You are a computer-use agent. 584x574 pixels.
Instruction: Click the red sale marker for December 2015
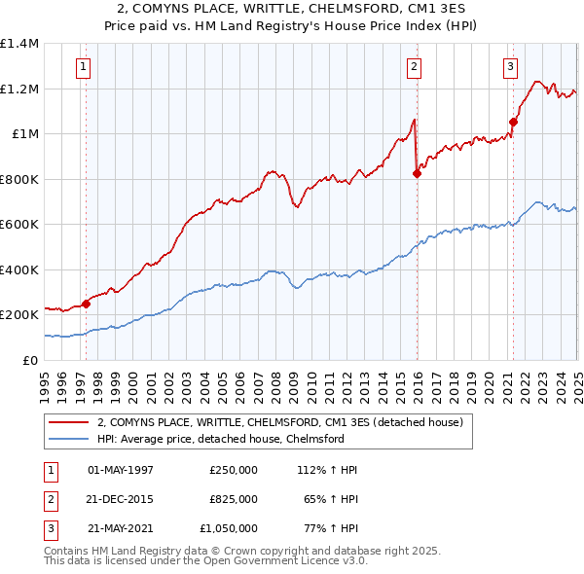click(x=417, y=174)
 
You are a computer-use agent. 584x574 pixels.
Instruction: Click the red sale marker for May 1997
click(x=86, y=304)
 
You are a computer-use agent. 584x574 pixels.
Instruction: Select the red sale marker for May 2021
click(x=513, y=122)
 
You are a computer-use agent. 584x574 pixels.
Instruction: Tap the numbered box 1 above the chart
click(x=84, y=67)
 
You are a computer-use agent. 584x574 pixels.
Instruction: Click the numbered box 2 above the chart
click(x=414, y=67)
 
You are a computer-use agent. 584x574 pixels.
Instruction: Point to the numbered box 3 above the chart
click(x=510, y=67)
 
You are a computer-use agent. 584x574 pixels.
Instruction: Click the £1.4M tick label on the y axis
click(x=19, y=44)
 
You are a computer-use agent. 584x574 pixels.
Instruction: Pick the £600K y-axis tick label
click(x=19, y=225)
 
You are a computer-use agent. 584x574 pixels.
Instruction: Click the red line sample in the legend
click(x=68, y=423)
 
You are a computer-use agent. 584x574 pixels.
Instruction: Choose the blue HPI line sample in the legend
click(x=68, y=440)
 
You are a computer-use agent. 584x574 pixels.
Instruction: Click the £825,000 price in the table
click(x=234, y=499)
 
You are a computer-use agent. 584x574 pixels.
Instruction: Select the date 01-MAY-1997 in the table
click(x=121, y=470)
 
